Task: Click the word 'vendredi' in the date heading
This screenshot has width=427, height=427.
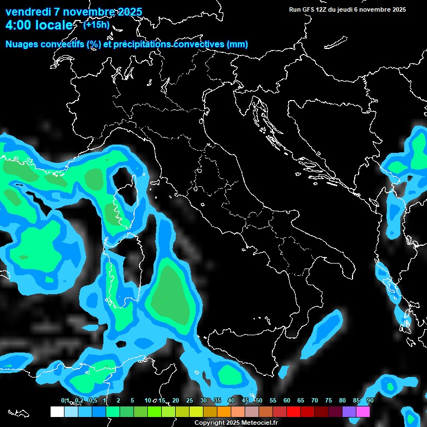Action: (28, 12)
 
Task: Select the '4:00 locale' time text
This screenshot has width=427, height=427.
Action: (39, 26)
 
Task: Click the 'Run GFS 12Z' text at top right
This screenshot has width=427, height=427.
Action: (309, 9)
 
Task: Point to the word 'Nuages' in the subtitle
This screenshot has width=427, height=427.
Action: (22, 44)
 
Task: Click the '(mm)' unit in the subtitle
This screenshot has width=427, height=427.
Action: (237, 44)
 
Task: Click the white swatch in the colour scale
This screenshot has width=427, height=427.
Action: (57, 411)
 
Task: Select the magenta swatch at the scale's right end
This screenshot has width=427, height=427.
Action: (363, 411)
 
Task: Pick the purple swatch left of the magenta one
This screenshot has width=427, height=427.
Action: (349, 411)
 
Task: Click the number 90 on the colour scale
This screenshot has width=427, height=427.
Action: (370, 400)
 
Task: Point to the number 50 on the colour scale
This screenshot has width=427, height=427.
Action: (259, 400)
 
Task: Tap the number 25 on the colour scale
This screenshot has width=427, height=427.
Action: (190, 400)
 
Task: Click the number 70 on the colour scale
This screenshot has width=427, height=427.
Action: (314, 400)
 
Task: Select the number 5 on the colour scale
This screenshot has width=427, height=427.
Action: (132, 400)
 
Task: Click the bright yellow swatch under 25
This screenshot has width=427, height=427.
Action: (196, 411)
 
